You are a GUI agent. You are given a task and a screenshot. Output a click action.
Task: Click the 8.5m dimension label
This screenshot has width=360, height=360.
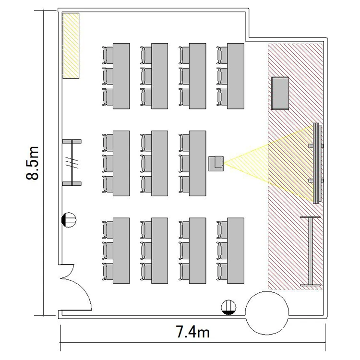coord(32,163)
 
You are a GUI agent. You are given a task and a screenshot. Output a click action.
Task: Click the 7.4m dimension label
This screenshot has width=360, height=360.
coord(192,332)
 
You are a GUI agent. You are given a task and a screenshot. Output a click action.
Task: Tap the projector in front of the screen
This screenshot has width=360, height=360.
coord(216,163)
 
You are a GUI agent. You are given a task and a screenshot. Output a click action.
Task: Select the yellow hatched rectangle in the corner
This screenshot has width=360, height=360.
coord(71,46)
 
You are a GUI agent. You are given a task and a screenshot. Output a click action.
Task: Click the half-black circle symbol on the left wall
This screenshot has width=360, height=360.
coord(69,220)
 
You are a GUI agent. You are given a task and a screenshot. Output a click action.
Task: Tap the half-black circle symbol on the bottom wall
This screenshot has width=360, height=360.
coord(228,307)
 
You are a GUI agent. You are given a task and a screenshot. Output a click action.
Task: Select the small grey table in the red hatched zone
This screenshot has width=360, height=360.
coord(280,93)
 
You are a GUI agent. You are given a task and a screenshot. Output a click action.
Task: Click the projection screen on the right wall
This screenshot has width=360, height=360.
coord(316,163)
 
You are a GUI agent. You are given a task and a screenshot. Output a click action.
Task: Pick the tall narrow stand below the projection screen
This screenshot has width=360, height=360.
coord(310,251)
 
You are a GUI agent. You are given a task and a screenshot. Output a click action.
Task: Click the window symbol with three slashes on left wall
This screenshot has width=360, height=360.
coord(72,162)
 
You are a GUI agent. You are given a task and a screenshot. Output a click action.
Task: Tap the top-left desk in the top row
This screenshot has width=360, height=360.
coord(121,76)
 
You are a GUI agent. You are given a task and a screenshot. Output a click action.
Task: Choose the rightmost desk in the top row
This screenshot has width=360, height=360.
coord(236,76)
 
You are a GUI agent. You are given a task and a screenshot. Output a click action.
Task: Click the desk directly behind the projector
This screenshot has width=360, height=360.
coord(197,163)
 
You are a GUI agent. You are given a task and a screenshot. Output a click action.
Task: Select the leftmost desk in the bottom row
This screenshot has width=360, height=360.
coord(121,251)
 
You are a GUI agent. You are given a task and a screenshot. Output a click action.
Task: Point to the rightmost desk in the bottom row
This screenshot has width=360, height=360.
coord(236,251)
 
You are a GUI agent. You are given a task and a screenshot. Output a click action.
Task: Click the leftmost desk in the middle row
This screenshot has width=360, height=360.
coord(121,163)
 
